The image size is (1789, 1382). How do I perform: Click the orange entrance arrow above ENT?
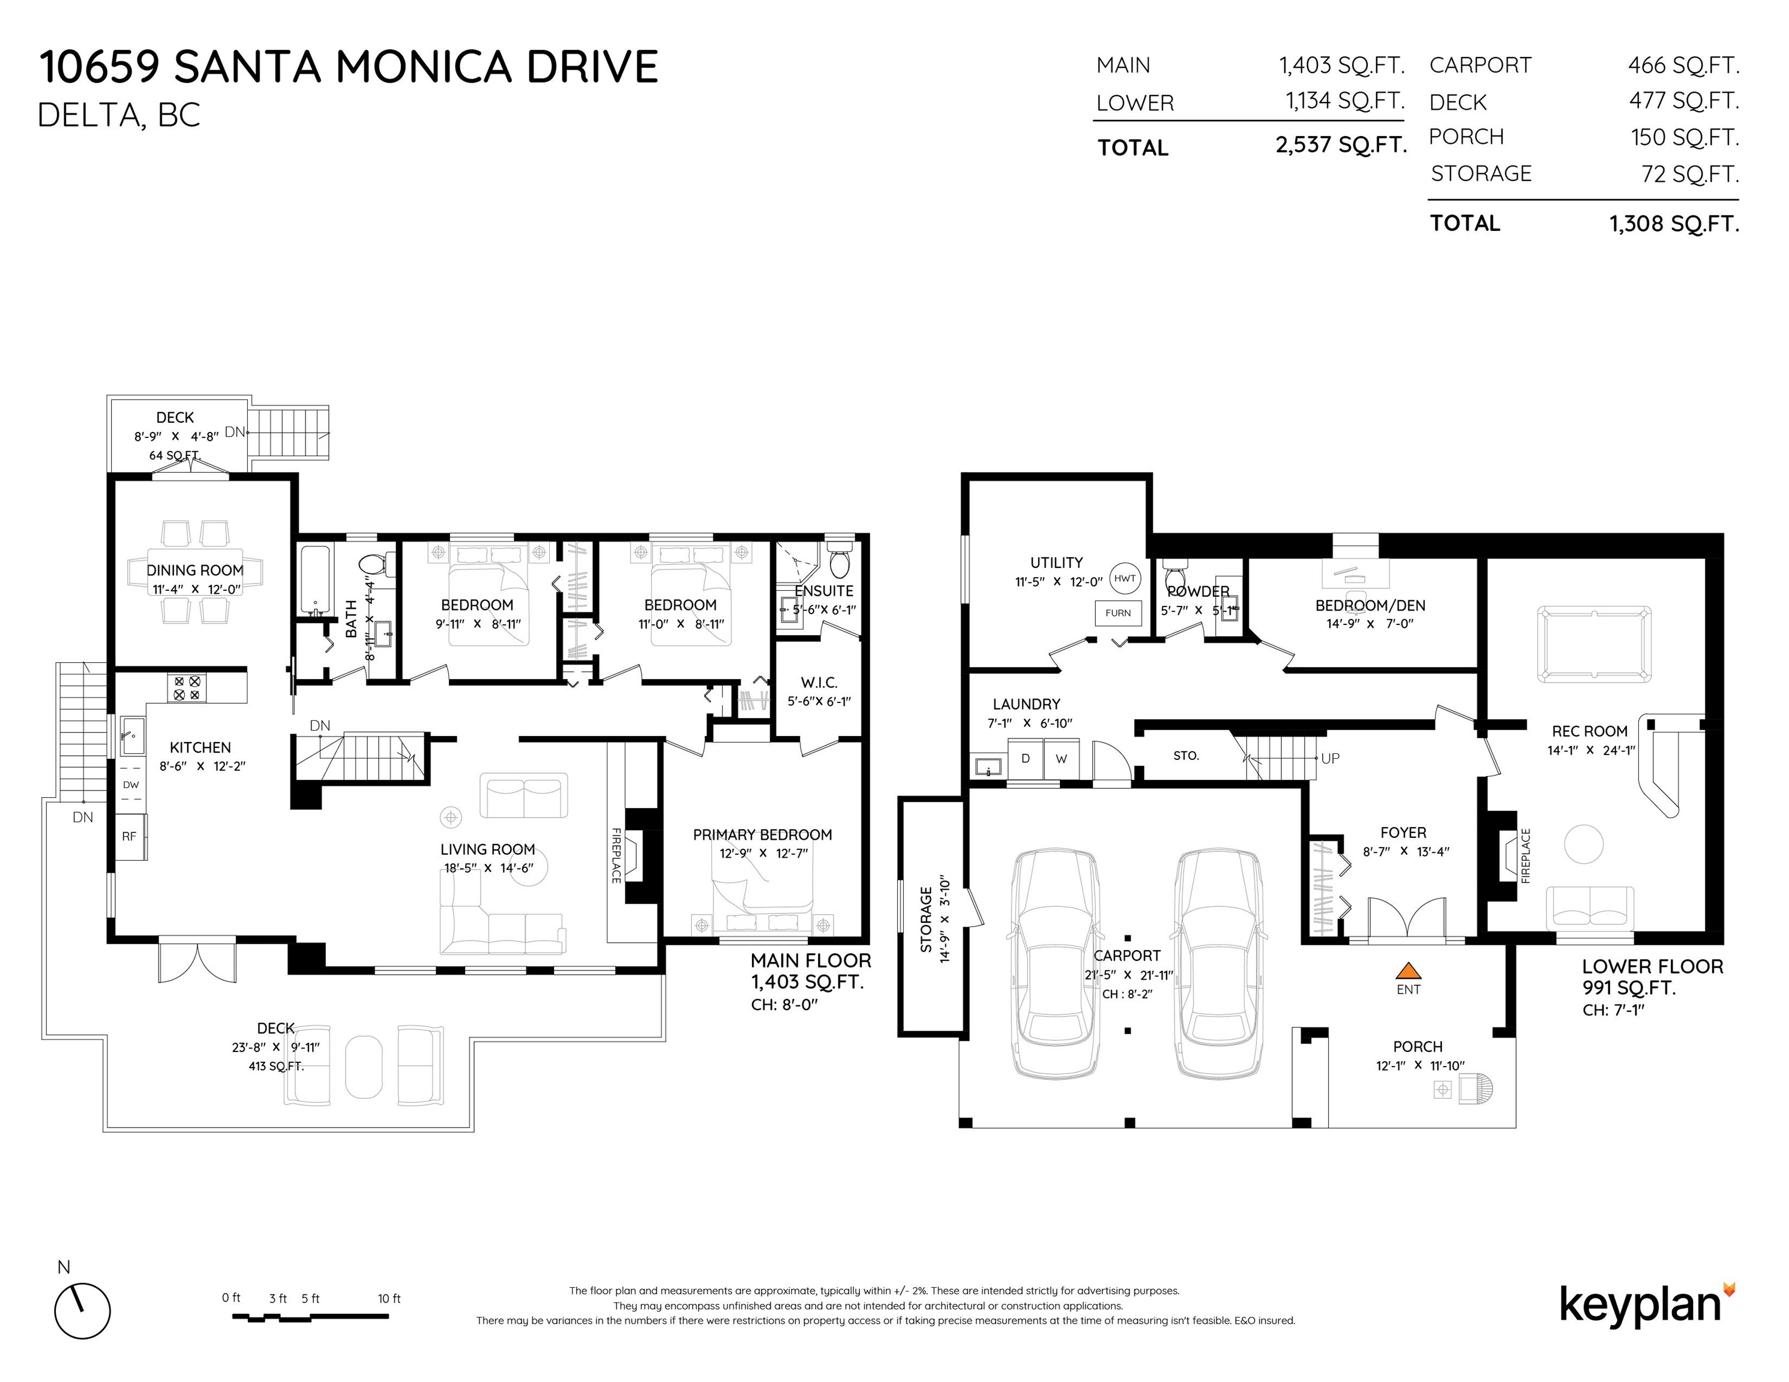tap(1408, 971)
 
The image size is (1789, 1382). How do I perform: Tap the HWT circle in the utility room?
tap(1125, 578)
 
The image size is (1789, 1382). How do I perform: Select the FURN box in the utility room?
tap(1118, 612)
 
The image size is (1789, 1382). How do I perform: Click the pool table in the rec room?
tap(1594, 644)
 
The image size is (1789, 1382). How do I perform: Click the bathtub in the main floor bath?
tap(314, 581)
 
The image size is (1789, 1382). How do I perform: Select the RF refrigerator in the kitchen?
tap(130, 837)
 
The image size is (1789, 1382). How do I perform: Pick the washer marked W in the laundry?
tap(1062, 759)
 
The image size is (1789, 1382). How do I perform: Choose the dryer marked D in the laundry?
tap(1025, 759)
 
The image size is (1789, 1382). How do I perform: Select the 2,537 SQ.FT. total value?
tap(1341, 146)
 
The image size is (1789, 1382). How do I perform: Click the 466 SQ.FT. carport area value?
tap(1683, 65)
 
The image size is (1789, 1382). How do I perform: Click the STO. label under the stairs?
tap(1185, 756)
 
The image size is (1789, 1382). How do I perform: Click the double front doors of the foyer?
tap(1407, 918)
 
